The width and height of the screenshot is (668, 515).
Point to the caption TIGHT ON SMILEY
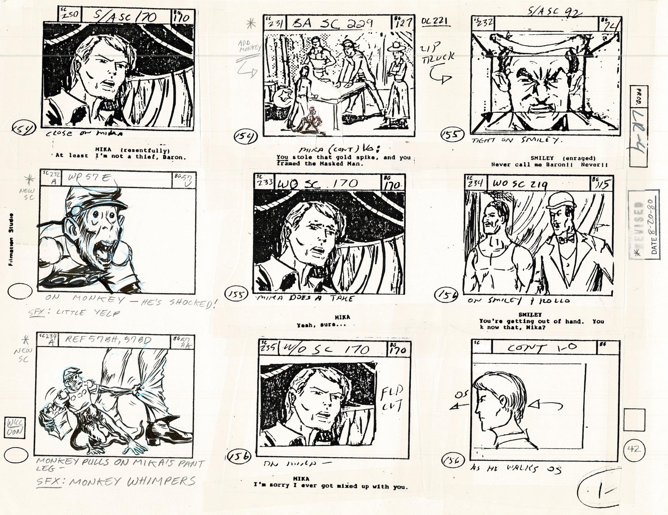pyautogui.click(x=516, y=141)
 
